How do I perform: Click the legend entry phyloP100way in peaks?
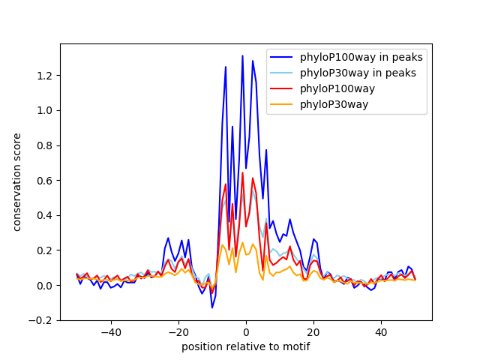click(x=361, y=57)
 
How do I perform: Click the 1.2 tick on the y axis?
click(x=46, y=76)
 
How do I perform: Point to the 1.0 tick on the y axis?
click(x=46, y=110)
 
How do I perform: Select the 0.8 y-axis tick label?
click(x=46, y=145)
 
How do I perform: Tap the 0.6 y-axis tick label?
click(x=46, y=181)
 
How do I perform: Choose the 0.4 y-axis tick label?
click(x=46, y=215)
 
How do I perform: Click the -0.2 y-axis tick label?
click(x=43, y=320)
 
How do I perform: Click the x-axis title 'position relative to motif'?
click(x=245, y=346)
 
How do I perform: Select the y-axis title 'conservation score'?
click(x=16, y=182)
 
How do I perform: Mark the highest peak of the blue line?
click(x=242, y=55)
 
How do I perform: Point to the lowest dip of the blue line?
click(x=212, y=307)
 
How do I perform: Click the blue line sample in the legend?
click(x=282, y=57)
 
